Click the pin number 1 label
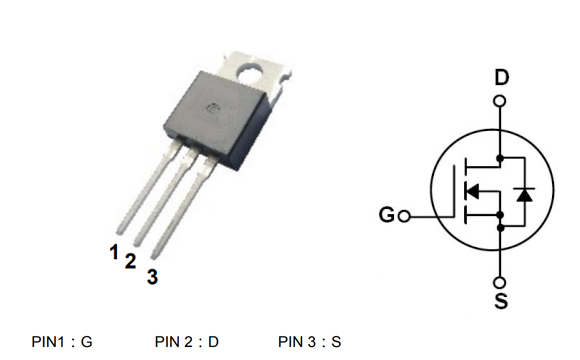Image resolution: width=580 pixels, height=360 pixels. pos(116,251)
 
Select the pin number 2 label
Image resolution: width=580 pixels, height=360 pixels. pos(130,261)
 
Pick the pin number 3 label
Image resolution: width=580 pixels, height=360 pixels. pos(152,277)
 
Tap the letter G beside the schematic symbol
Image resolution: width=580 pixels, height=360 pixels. pos(387,215)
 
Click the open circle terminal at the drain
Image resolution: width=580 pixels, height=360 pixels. pos(500,101)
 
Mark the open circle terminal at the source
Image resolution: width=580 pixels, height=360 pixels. pos(500,281)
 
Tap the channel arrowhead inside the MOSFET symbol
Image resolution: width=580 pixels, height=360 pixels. pos(475,192)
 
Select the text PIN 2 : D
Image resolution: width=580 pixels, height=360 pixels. pos(187,342)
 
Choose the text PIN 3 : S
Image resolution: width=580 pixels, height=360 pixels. pos(310,342)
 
